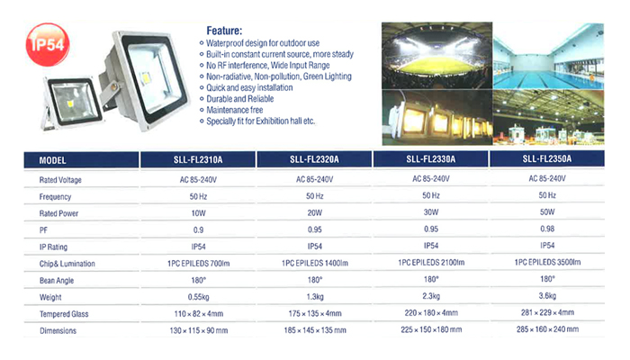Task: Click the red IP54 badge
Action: (48, 44)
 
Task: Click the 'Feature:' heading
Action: (224, 31)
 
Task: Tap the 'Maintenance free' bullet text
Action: (235, 110)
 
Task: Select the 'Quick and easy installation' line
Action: (249, 87)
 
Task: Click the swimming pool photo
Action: (548, 56)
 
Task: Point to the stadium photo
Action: (436, 56)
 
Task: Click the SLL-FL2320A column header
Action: (314, 159)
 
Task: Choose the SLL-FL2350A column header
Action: (547, 158)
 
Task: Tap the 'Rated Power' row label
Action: (58, 213)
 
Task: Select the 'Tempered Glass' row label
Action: (64, 314)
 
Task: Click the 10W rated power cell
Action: (199, 213)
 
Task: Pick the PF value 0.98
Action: (547, 229)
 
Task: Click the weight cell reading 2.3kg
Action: (431, 296)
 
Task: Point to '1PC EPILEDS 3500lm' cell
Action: (547, 262)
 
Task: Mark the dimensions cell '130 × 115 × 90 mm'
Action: (199, 330)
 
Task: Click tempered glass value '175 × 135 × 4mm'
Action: (315, 313)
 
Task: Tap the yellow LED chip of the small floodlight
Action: (70, 104)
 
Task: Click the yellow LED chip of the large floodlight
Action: (145, 77)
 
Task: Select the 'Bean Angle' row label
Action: (57, 281)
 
